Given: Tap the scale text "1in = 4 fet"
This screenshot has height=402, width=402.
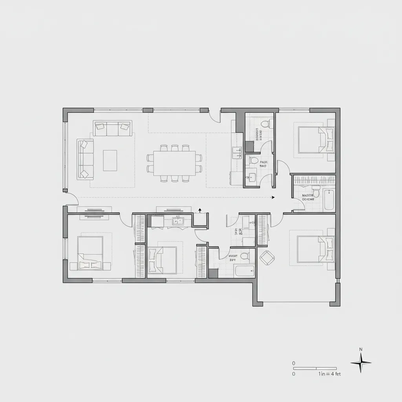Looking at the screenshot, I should point(330,374).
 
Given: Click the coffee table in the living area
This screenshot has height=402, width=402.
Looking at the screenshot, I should point(110,161).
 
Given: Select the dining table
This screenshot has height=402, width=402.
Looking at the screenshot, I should point(175,163).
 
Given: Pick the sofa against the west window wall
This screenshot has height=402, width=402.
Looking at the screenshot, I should point(85,159).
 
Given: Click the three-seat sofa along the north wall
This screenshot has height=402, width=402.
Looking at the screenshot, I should point(112,128).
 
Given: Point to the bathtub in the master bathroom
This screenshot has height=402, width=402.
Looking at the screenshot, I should point(329,200).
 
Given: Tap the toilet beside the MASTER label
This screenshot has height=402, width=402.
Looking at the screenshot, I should point(317,194).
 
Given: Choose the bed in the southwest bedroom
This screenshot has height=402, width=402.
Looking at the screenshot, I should point(90,253).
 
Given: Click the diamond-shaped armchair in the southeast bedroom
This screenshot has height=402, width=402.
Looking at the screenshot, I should point(267,257).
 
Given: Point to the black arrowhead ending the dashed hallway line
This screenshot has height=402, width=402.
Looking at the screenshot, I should point(273,197).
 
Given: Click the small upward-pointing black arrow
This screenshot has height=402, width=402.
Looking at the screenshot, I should point(200,210).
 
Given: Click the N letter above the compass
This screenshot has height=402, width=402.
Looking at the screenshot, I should point(361,349).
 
